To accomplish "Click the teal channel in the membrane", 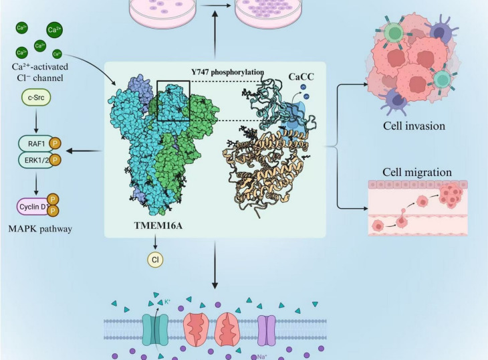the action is [156, 329].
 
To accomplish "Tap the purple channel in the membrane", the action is [266, 330].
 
